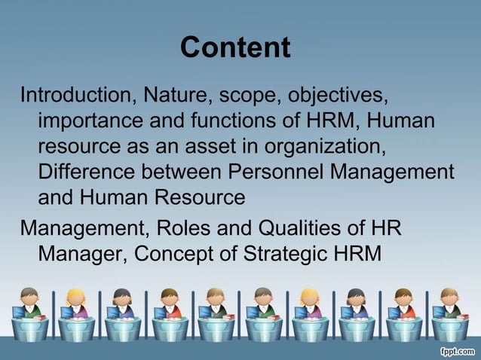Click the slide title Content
[235, 47]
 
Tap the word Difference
[86, 172]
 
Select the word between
[182, 172]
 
